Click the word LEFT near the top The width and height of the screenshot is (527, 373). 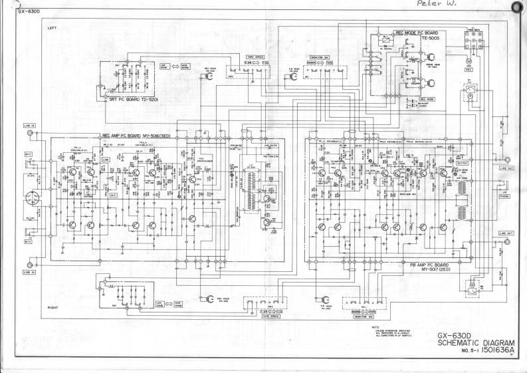53,27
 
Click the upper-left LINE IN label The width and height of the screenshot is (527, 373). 29,124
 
